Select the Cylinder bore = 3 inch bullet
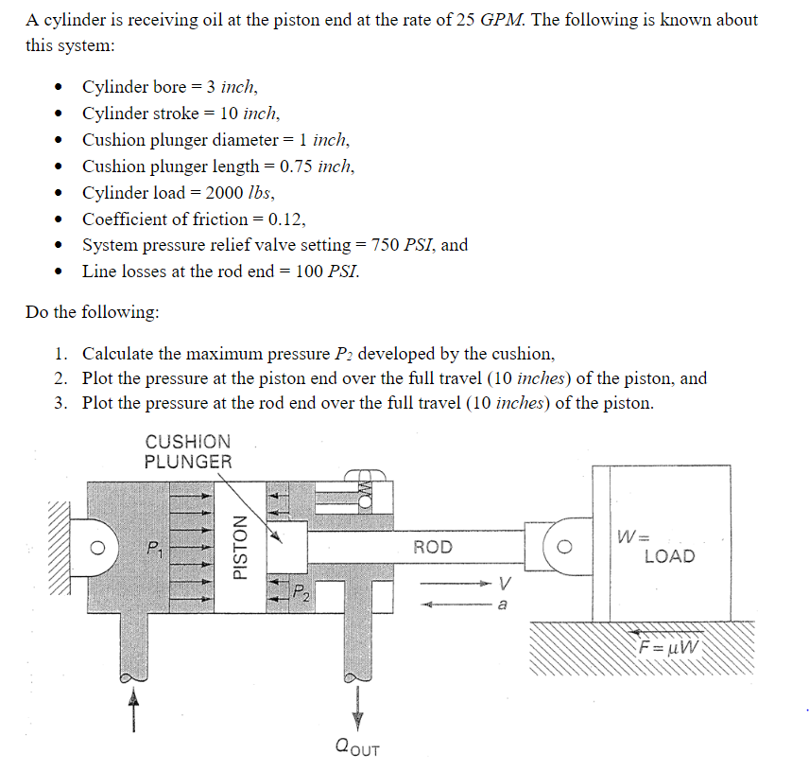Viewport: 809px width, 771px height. tap(169, 87)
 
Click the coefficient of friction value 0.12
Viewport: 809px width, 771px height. tap(286, 219)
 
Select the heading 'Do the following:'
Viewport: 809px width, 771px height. tap(93, 312)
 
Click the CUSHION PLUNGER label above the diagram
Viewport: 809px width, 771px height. tap(188, 451)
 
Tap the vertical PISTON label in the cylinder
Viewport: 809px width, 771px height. tap(241, 547)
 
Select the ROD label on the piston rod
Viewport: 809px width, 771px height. tap(433, 547)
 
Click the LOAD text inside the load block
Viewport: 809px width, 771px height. tap(669, 556)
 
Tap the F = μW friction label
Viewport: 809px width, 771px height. tap(670, 648)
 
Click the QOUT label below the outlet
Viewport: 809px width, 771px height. tap(357, 748)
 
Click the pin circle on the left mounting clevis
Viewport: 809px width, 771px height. tap(95, 547)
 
